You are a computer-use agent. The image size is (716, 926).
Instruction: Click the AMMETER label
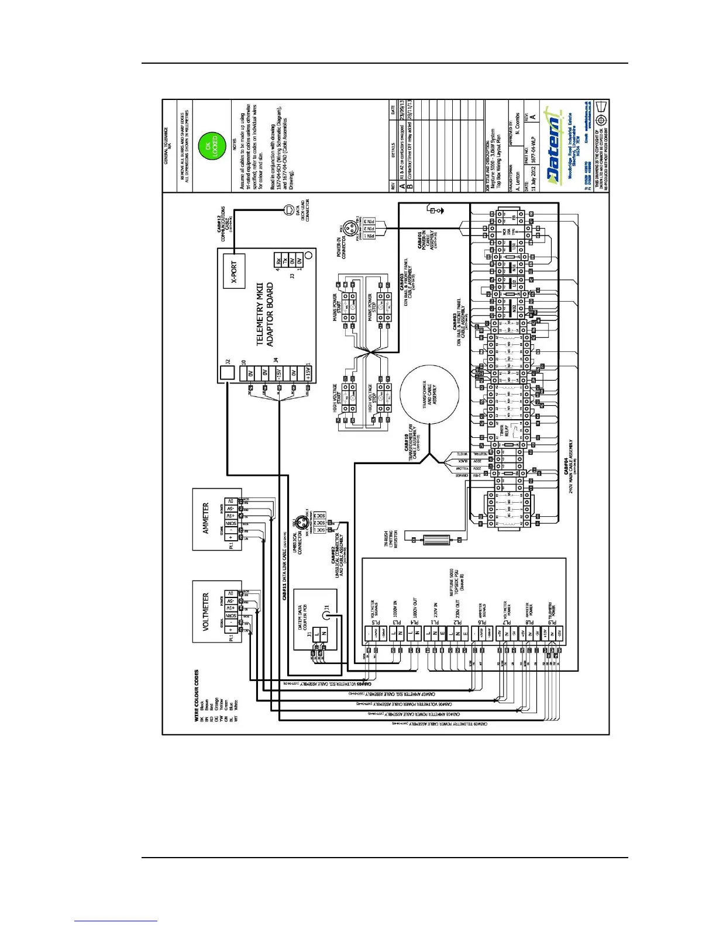(x=205, y=518)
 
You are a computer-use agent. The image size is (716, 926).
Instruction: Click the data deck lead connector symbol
(x=288, y=209)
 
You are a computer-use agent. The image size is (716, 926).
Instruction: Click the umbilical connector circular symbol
(x=302, y=523)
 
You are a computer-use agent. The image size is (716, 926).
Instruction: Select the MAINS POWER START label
(x=338, y=307)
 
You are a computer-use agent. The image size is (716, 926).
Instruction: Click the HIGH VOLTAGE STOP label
(x=370, y=398)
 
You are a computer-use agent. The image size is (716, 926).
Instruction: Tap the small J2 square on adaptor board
(x=227, y=372)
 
